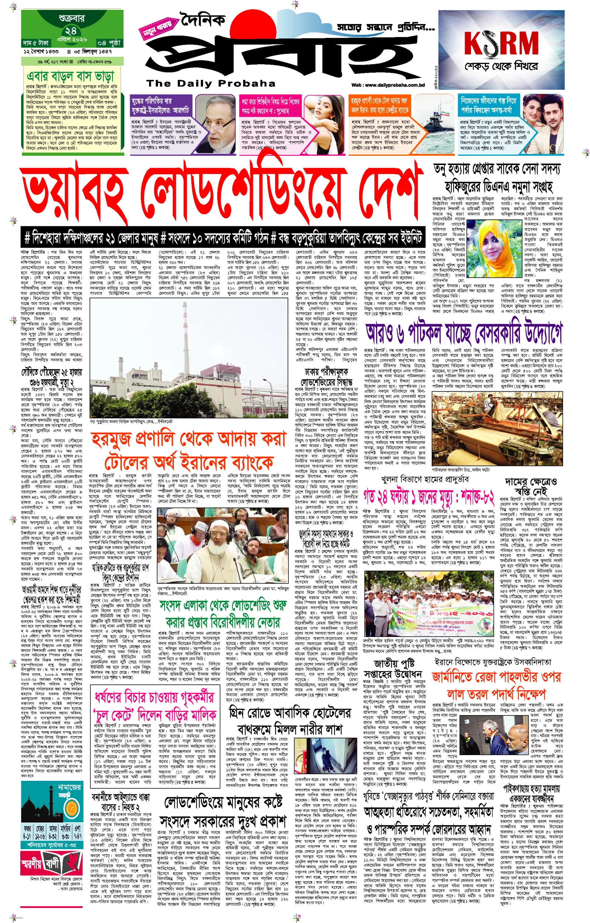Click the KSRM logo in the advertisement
click(501, 43)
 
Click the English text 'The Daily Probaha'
click(211, 83)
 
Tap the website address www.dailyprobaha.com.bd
click(388, 85)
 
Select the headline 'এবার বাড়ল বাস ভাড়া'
click(71, 76)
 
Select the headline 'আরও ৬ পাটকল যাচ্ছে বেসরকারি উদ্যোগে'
click(464, 334)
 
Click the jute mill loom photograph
click(497, 428)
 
